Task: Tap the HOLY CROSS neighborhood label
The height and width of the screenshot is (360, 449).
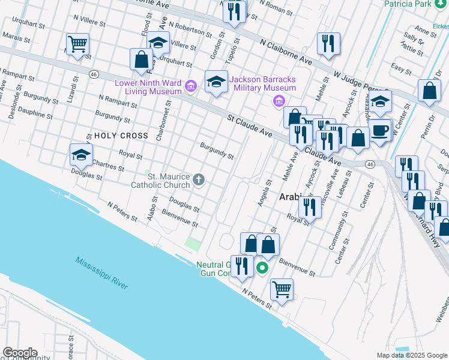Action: tap(121, 136)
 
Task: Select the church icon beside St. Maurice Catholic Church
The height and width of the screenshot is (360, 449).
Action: tap(199, 179)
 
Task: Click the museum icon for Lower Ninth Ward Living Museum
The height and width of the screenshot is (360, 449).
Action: tap(191, 86)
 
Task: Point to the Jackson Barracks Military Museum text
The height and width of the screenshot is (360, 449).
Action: tap(263, 83)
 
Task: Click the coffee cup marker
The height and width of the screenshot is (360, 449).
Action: tap(379, 131)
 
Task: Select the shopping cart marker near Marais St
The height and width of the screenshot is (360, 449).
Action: tap(78, 44)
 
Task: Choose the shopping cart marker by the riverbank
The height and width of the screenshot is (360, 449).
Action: tap(282, 290)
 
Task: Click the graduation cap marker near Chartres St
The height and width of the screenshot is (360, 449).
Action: tap(81, 155)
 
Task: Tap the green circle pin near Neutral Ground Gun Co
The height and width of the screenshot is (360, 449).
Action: tap(262, 268)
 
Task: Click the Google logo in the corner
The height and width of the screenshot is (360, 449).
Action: tap(19, 353)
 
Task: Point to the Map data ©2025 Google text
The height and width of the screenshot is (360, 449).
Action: tap(411, 355)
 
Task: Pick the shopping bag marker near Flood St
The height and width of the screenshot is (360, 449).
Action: tap(141, 60)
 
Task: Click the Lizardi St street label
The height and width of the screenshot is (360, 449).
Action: tap(73, 92)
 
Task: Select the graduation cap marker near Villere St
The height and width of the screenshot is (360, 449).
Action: tap(158, 43)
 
